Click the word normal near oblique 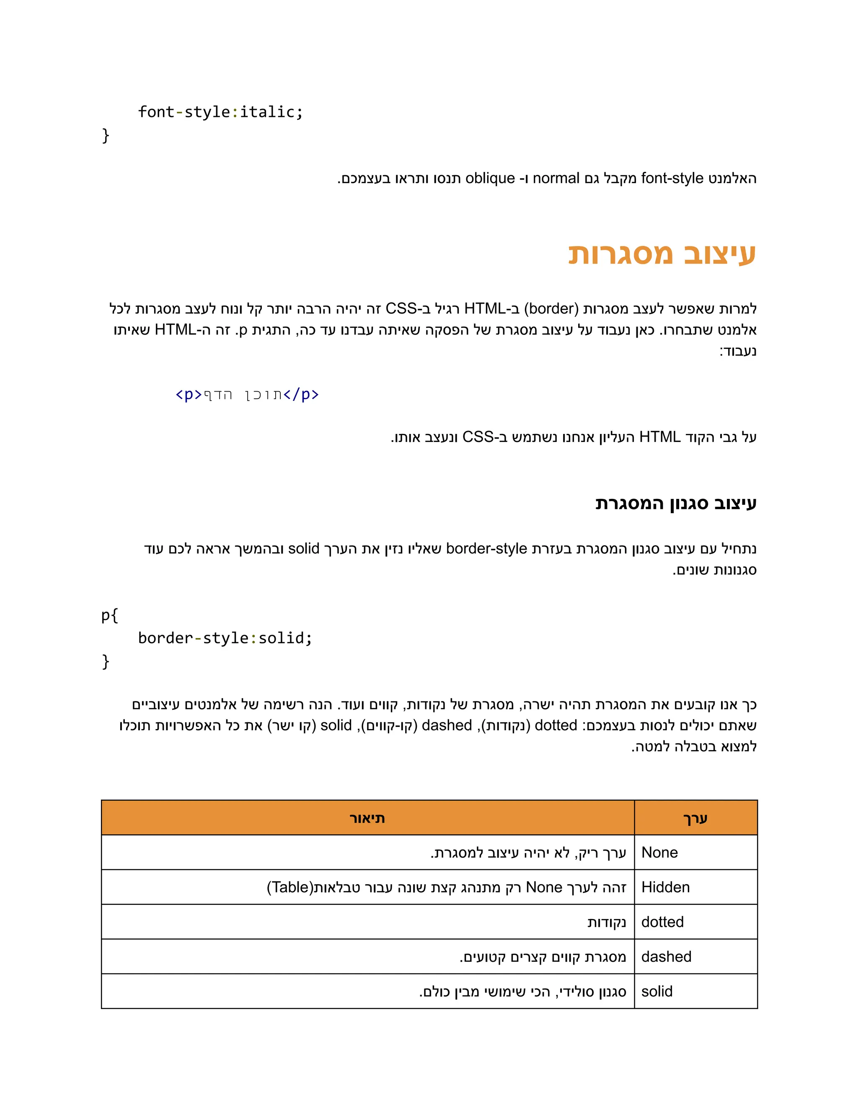(x=556, y=179)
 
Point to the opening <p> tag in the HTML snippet (x=189, y=395)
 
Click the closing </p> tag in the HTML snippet (x=301, y=395)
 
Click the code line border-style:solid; (x=225, y=638)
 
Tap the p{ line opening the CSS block (x=110, y=615)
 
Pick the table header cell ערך (x=695, y=818)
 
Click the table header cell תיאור (x=367, y=818)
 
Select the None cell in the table (x=659, y=853)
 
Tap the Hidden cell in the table (x=665, y=887)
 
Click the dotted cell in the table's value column (x=662, y=922)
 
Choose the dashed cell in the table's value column (x=666, y=956)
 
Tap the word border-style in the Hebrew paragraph (x=486, y=549)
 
